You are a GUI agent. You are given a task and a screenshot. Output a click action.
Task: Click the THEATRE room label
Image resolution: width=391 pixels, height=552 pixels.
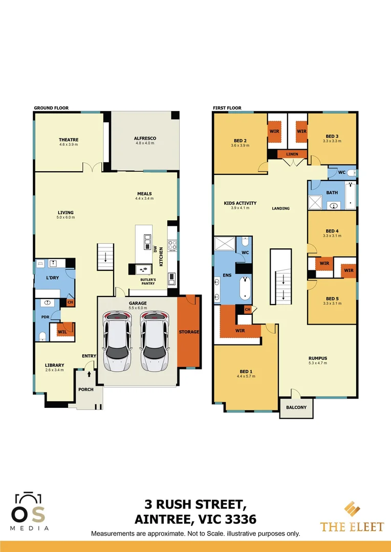69,140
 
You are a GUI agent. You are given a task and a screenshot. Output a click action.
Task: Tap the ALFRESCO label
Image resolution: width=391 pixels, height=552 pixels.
145,139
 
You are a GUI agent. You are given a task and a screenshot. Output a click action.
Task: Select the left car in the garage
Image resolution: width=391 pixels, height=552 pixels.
117,341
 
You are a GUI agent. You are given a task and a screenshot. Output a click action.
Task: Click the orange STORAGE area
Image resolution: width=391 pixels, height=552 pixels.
189,332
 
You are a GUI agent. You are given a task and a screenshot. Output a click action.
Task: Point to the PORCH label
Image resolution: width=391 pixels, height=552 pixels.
85,389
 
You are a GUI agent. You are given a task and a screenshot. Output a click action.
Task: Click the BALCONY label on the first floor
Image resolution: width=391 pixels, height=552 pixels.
296,407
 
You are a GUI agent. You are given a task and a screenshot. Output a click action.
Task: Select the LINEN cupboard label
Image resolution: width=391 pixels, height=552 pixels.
292,154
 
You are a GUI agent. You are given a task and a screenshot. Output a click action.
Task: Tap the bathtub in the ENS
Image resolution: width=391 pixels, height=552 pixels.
245,289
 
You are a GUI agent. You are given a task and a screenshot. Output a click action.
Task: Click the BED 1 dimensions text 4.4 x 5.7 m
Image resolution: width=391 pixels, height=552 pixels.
246,376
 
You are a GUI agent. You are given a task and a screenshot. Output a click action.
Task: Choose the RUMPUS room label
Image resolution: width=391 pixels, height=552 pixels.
317,358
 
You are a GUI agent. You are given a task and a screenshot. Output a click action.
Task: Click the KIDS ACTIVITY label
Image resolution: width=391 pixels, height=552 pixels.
240,203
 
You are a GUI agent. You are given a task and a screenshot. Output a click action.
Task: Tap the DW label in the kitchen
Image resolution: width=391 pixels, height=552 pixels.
155,249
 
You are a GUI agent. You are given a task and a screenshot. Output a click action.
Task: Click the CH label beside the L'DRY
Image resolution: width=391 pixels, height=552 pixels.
70,303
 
